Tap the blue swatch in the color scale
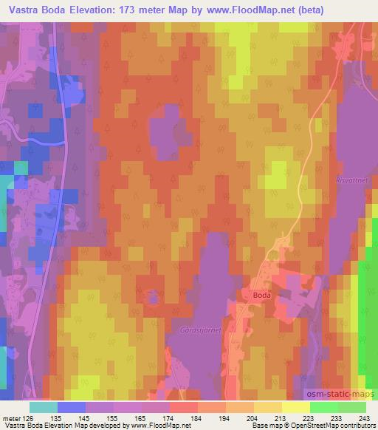click(71, 406)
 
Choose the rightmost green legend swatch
click(352, 406)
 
